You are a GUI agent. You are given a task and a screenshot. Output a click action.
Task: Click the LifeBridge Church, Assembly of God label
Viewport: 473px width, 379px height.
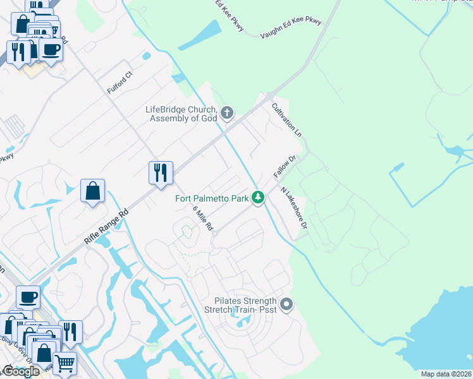[x=181, y=114]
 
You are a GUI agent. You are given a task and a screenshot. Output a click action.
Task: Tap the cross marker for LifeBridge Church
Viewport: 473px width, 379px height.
[x=227, y=114]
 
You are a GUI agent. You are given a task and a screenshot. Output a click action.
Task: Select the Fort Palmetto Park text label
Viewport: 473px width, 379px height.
[x=212, y=198]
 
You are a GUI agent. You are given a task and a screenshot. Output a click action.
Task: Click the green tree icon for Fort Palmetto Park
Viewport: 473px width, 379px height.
[x=257, y=198]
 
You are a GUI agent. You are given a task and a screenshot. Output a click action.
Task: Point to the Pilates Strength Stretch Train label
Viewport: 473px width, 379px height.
[x=241, y=305]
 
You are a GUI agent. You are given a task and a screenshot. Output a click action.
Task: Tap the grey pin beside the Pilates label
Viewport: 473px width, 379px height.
[x=286, y=305]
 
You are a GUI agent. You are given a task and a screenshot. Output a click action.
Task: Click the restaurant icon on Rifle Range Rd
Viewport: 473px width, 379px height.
[x=161, y=172]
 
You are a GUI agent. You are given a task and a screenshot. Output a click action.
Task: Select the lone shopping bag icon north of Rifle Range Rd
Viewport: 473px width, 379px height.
[x=92, y=190]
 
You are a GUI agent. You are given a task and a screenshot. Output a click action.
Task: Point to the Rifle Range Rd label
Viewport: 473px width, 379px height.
[x=106, y=227]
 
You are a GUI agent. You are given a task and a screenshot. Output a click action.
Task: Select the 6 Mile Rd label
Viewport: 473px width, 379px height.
[x=203, y=218]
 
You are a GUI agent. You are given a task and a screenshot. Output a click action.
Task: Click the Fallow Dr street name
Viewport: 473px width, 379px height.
[x=285, y=166]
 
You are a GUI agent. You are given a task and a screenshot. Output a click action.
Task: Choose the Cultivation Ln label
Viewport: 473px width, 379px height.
[x=286, y=120]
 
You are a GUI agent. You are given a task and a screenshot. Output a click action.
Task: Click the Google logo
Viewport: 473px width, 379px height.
[x=20, y=371]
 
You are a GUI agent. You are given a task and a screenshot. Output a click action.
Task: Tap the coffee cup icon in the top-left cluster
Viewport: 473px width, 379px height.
[x=51, y=50]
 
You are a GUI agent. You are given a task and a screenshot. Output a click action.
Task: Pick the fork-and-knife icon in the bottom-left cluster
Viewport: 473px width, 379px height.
[x=70, y=332]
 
